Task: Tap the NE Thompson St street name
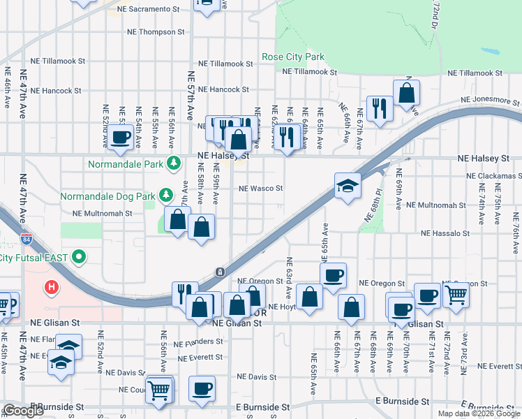tap(156, 32)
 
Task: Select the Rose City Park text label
tap(293, 57)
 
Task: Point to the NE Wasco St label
tap(261, 189)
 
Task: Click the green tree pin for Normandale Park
tap(174, 164)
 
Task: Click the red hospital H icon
tap(50, 286)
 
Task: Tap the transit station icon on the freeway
tap(219, 272)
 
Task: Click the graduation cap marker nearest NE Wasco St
tap(348, 186)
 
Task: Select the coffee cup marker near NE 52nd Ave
tap(121, 137)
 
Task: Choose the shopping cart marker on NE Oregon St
tap(456, 294)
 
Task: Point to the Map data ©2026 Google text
tap(479, 413)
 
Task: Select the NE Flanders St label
tap(199, 343)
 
